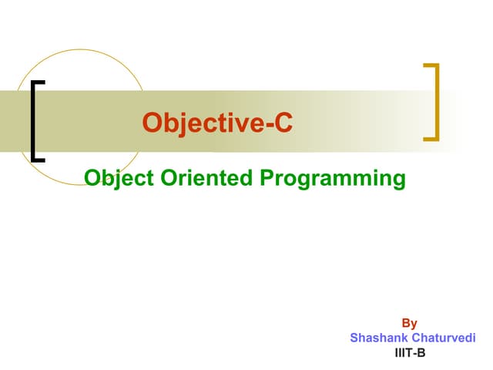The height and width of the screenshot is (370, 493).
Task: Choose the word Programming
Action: [x=333, y=179]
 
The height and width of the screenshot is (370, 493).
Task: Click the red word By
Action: [x=409, y=324]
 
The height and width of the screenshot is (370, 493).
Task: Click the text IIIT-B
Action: [x=409, y=352]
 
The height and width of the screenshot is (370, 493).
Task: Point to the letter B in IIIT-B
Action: [x=421, y=352]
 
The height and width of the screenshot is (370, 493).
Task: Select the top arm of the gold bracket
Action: [x=431, y=65]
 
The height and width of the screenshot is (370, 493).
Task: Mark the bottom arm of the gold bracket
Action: [x=431, y=140]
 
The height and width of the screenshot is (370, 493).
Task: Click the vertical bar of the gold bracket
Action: [x=438, y=103]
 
